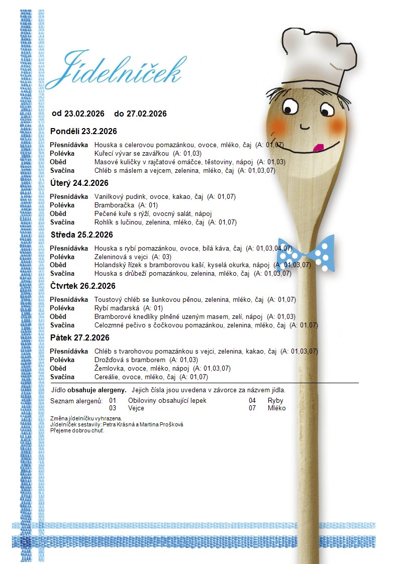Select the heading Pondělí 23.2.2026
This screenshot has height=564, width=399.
click(83, 132)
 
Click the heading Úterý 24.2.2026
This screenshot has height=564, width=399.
click(79, 183)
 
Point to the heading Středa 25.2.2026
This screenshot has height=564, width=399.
click(81, 235)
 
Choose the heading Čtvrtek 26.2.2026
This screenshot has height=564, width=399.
click(83, 286)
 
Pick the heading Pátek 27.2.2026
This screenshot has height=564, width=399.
click(79, 337)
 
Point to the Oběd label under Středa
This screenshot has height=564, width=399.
click(58, 265)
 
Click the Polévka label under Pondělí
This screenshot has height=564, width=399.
click(62, 153)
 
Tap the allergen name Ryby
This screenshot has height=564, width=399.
click(275, 401)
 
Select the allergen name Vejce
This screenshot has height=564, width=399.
click(136, 408)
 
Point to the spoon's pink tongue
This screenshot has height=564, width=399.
click(317, 148)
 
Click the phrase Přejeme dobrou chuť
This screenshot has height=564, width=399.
click(77, 430)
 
